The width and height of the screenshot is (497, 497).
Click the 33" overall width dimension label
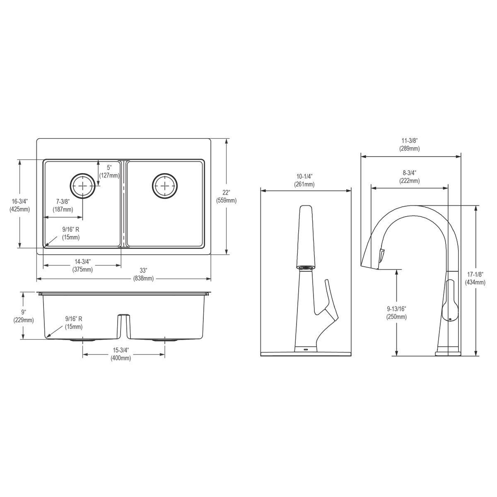click(144, 274)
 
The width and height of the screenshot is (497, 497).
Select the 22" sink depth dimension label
click(226, 196)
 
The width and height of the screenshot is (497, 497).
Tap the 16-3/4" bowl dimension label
click(19, 205)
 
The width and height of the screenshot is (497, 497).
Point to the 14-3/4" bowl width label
click(82, 265)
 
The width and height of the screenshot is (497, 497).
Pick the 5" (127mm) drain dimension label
click(109, 171)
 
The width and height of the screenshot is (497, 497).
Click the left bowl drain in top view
click(82, 186)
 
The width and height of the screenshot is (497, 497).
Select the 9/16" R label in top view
click(71, 233)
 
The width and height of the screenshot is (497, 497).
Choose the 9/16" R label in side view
click(74, 323)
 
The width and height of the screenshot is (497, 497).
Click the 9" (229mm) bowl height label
click(23, 316)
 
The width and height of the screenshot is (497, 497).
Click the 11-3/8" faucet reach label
click(409, 145)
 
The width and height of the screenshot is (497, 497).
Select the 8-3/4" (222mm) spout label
click(409, 177)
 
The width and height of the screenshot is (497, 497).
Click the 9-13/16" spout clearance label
click(396, 313)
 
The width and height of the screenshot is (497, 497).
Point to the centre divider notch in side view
click(123, 323)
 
